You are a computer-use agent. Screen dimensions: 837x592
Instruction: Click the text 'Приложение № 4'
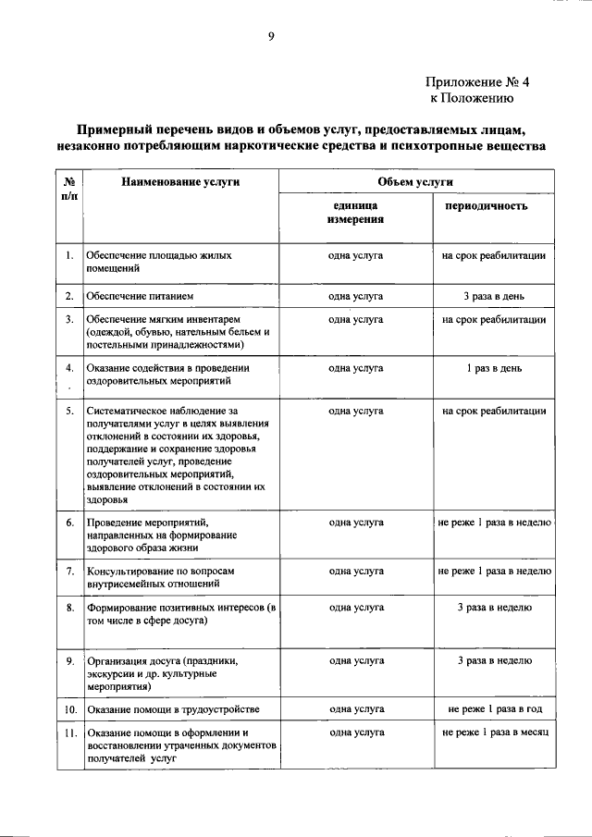[477, 81]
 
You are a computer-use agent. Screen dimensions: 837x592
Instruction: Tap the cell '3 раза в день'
[494, 296]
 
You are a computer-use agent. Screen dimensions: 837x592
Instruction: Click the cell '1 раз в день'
[494, 367]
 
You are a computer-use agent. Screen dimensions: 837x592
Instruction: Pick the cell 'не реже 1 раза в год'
[494, 709]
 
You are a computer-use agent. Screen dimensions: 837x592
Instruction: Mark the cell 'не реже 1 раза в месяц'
[495, 732]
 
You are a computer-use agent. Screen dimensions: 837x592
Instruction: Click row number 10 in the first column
[70, 709]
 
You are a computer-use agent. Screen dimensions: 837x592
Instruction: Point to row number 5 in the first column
[70, 410]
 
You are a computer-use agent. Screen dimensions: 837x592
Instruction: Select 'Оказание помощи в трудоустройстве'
[173, 709]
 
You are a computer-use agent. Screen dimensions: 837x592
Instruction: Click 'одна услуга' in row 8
[356, 608]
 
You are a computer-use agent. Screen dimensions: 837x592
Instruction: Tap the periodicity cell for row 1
[494, 254]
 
